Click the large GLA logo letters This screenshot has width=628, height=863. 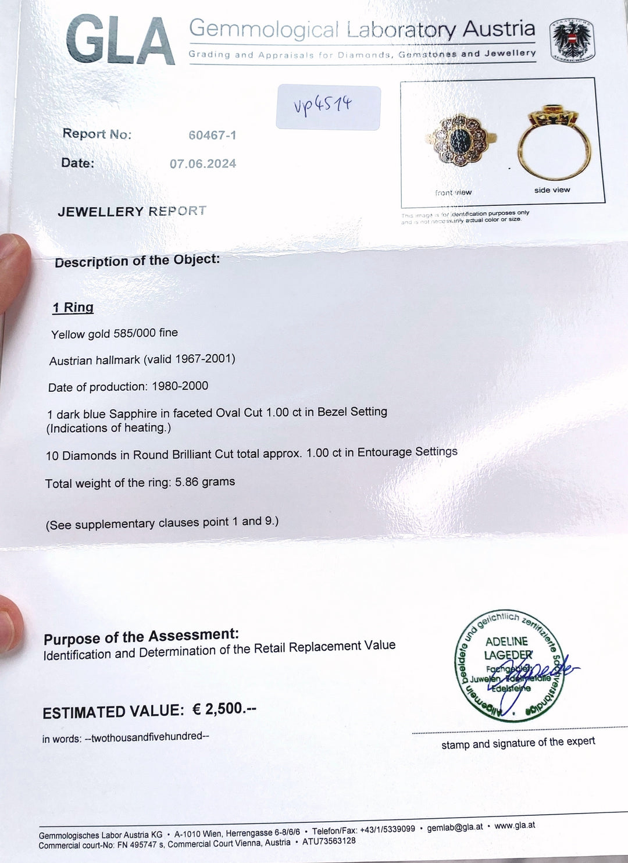point(120,41)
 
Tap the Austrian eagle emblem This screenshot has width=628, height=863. point(571,41)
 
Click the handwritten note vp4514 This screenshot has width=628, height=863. point(323,106)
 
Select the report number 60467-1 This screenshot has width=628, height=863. point(212,135)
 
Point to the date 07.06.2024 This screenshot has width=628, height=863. point(203,164)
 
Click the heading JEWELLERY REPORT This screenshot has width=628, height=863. point(132,211)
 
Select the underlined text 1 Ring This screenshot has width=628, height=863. point(73,308)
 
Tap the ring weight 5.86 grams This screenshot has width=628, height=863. point(205,482)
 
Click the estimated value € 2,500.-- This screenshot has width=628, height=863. point(224,709)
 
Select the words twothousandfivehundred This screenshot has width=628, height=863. point(147,737)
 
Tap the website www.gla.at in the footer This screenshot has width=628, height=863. point(515,825)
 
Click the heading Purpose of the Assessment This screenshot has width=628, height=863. point(141,637)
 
